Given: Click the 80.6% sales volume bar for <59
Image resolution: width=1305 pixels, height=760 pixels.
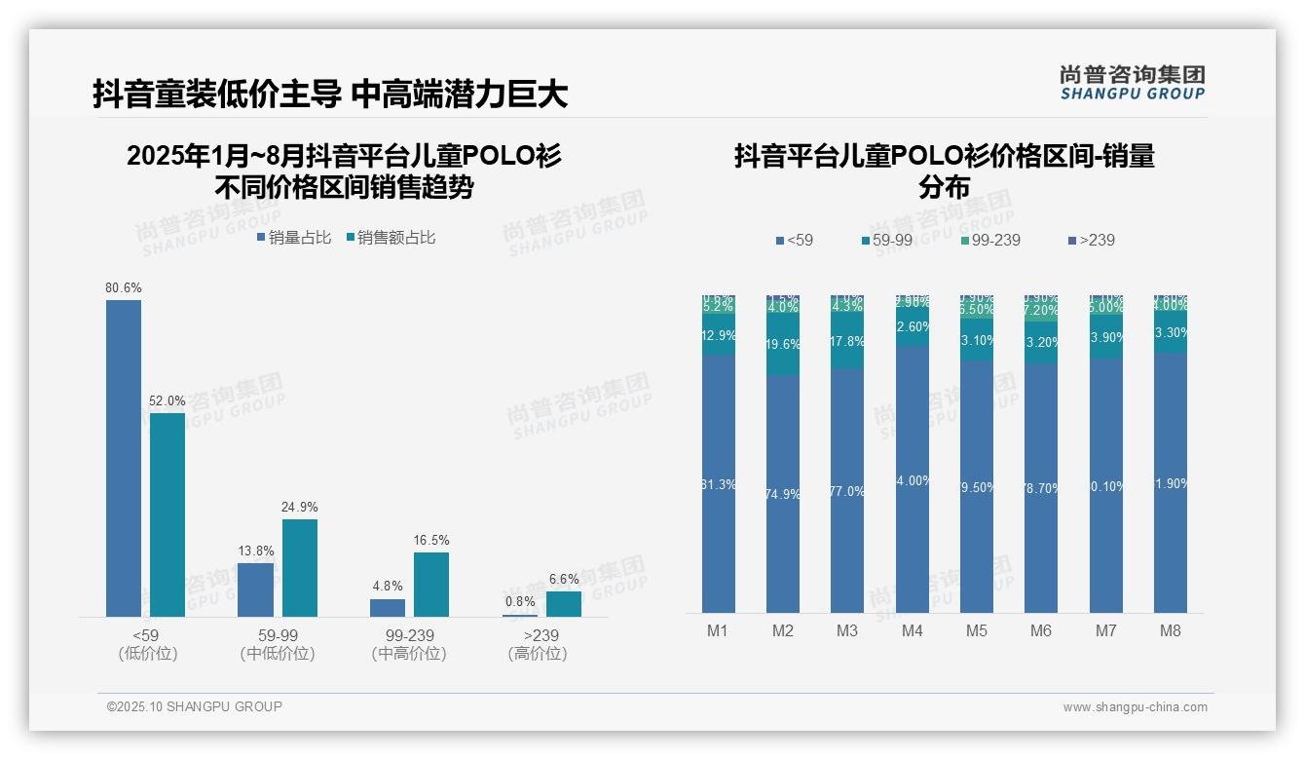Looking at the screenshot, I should (124, 458).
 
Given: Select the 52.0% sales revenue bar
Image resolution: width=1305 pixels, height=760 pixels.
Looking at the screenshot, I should (168, 514).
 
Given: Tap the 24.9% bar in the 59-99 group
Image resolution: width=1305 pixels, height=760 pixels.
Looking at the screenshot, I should (300, 567).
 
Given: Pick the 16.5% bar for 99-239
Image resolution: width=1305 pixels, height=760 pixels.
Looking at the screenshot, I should (431, 585).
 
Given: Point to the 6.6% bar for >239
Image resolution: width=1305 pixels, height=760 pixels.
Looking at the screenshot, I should (563, 604).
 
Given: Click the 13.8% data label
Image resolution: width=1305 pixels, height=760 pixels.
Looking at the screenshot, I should (255, 551).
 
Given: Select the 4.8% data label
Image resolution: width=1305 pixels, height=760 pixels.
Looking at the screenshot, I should (387, 587).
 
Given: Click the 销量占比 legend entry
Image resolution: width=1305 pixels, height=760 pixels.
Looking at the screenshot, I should (294, 238).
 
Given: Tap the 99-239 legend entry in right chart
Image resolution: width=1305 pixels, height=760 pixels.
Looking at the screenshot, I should (990, 240).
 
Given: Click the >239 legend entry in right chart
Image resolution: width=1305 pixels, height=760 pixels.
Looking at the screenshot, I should (1091, 240).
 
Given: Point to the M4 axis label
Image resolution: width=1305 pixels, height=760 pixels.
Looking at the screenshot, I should (912, 630).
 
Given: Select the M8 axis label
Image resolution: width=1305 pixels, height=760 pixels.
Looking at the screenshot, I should (1171, 630).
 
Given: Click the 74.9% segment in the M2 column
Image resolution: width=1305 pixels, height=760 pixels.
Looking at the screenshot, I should (783, 494).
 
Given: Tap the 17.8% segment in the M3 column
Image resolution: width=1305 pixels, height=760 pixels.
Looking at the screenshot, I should (847, 342).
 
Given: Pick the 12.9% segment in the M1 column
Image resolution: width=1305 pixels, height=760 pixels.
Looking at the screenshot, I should (719, 334).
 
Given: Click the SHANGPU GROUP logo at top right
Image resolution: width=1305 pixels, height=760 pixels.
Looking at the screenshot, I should (1133, 83).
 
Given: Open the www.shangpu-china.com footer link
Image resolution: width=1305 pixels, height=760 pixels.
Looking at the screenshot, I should (1135, 707).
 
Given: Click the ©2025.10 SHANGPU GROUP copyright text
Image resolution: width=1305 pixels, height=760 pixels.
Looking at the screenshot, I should (195, 706).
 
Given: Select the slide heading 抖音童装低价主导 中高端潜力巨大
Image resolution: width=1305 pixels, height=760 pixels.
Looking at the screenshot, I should (330, 95).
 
